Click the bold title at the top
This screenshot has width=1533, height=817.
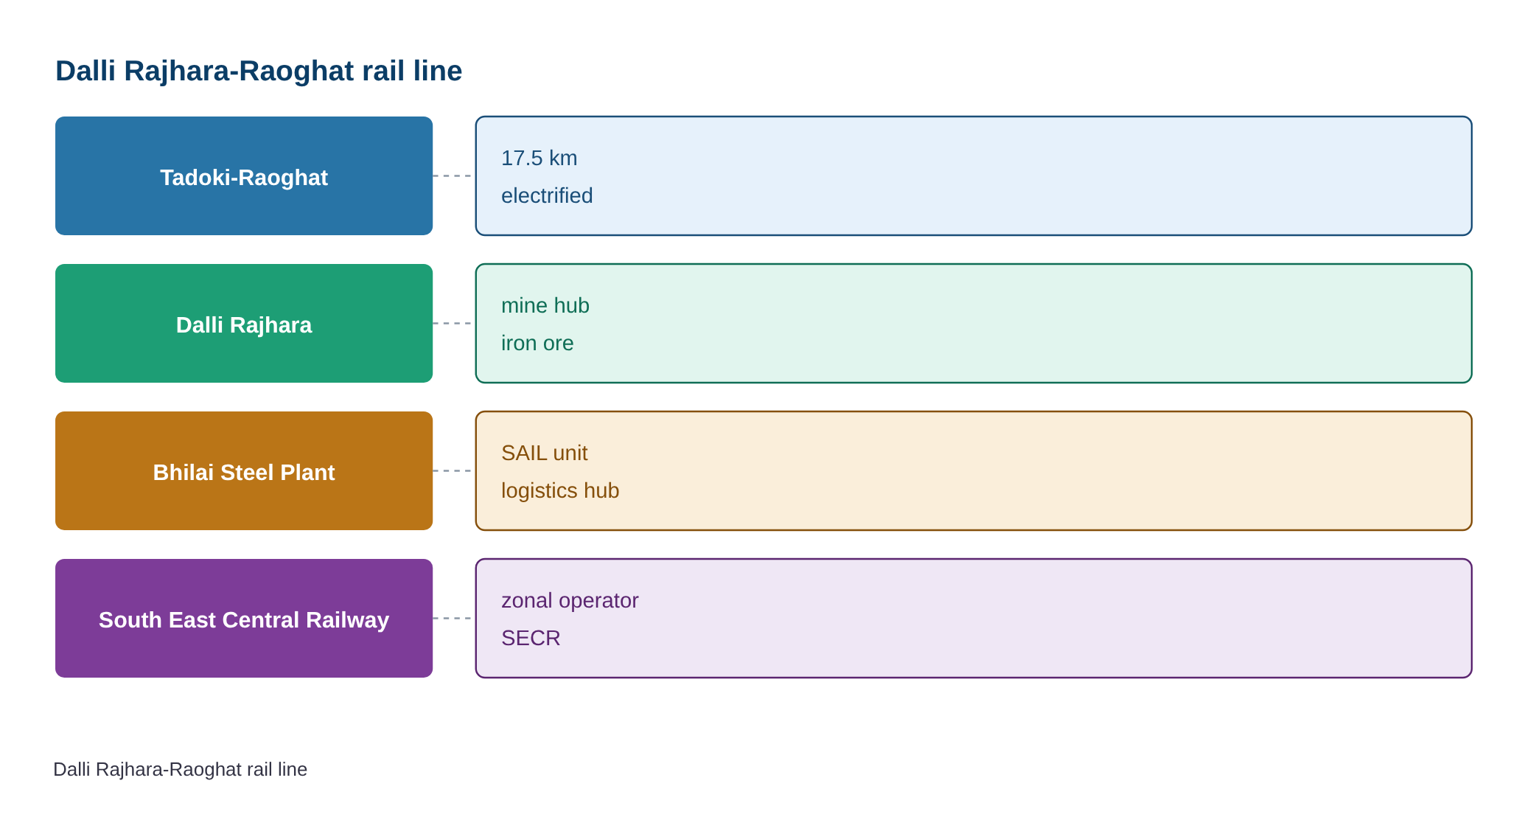point(259,72)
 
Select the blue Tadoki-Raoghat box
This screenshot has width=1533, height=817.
point(244,175)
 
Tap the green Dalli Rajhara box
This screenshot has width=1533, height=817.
point(244,323)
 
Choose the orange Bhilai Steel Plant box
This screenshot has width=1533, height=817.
point(244,470)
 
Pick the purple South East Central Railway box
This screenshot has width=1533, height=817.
point(244,618)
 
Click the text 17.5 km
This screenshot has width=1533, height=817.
point(539,158)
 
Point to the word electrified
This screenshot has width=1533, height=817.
point(547,195)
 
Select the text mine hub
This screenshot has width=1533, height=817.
point(545,305)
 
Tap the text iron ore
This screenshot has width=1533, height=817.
point(537,343)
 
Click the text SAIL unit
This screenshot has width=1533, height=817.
point(545,453)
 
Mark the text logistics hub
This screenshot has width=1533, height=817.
point(560,490)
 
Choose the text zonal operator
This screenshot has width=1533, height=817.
point(570,600)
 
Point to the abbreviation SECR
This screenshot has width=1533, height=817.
point(531,638)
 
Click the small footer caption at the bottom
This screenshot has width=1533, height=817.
point(181,769)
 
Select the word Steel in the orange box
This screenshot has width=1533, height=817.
point(247,473)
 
